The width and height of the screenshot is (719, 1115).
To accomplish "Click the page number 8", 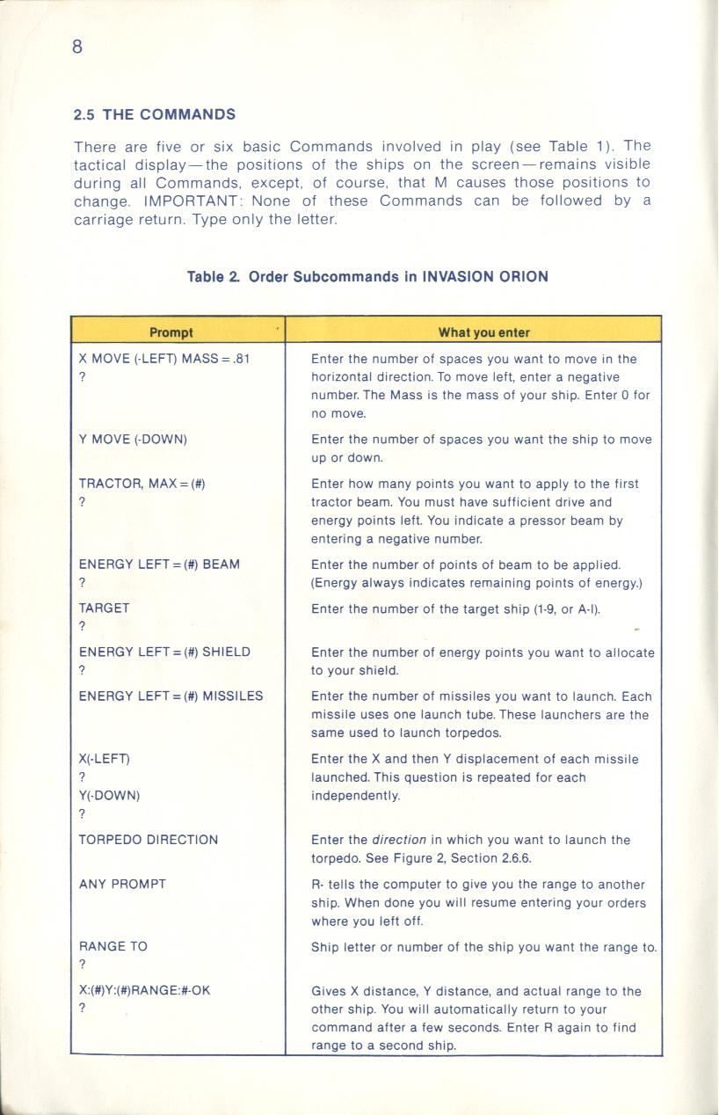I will tap(77, 47).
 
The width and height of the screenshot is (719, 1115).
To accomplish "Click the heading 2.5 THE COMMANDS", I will tap(155, 114).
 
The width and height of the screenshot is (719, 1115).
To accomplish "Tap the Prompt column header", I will tap(171, 332).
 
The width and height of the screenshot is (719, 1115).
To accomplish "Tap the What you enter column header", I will tap(483, 332).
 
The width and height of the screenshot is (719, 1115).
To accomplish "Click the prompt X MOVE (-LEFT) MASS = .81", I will tap(164, 359).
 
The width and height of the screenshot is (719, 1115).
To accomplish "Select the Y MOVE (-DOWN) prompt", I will tap(133, 439).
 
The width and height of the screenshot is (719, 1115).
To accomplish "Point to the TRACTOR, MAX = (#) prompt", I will tap(142, 484).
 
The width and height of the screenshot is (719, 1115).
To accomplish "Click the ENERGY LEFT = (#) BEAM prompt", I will tap(159, 564).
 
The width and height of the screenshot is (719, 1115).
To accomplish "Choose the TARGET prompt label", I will tap(104, 608).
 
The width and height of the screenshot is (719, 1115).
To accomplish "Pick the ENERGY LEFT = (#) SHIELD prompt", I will tap(164, 652).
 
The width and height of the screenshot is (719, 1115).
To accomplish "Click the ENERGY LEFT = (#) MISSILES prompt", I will tap(171, 696).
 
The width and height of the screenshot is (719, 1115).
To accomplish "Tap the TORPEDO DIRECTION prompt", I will tap(149, 840).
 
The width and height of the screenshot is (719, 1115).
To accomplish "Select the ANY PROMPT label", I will tap(122, 884).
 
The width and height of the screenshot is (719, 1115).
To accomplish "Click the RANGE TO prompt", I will tap(113, 946).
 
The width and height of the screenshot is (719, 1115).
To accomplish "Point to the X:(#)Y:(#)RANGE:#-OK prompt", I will tap(145, 990).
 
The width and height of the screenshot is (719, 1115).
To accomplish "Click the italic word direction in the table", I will tap(399, 840).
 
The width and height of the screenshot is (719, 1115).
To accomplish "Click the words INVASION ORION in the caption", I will tap(485, 276).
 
